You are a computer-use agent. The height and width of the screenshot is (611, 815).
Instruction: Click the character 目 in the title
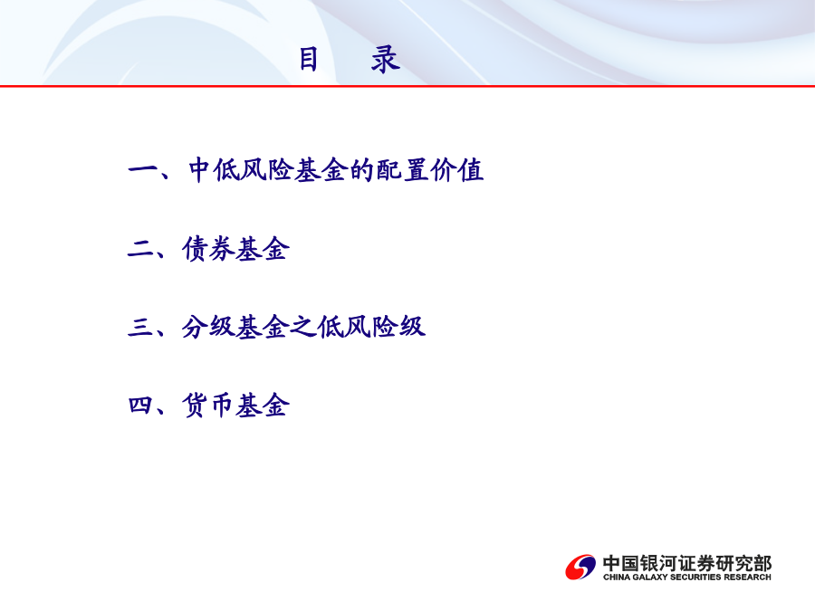point(308,59)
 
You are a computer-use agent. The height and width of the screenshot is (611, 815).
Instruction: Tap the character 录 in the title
point(386,59)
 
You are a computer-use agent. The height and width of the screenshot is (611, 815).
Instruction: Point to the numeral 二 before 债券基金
point(141,249)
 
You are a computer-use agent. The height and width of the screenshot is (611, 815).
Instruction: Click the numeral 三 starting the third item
point(141,327)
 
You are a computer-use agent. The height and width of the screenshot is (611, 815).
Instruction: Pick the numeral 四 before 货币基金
point(141,405)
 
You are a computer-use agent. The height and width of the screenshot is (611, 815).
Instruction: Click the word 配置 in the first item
point(402,170)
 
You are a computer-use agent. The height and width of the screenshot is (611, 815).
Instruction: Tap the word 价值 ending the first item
point(457,170)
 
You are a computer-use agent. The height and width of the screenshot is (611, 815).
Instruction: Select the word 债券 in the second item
point(208,249)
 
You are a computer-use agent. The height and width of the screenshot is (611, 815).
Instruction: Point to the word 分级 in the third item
point(208,328)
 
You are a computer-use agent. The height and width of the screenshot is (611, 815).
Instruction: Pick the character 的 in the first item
point(362,170)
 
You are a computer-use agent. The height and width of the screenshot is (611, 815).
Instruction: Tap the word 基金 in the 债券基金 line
point(263,249)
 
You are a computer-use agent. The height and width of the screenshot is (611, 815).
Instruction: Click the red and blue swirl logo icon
point(580,567)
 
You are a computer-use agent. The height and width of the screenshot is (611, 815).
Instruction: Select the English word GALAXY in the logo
point(649,577)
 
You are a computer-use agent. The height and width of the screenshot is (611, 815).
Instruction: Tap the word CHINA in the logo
point(617,577)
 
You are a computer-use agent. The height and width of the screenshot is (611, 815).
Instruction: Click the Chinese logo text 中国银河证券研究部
point(687,563)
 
